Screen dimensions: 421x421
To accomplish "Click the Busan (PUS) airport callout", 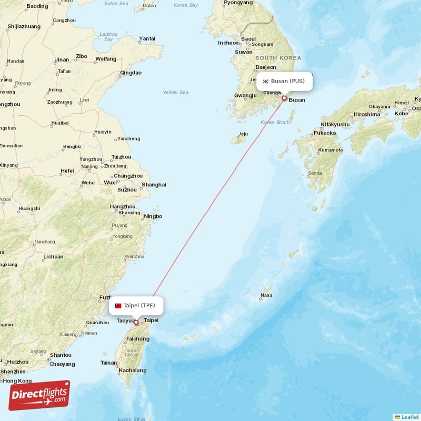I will pyautogui.click(x=284, y=82).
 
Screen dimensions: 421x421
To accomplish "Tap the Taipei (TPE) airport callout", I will pyautogui.click(x=136, y=306).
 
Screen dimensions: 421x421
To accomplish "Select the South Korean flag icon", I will pyautogui.click(x=266, y=82).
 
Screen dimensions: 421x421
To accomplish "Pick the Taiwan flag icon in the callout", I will pyautogui.click(x=118, y=306).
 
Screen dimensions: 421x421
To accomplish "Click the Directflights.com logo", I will pyautogui.click(x=39, y=395).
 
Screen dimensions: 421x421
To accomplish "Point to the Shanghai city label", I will pyautogui.click(x=154, y=185).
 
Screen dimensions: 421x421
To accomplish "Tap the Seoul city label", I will pyautogui.click(x=248, y=39).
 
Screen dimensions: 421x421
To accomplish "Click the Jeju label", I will pyautogui.click(x=243, y=134).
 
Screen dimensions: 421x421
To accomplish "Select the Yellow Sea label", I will pyautogui.click(x=175, y=93).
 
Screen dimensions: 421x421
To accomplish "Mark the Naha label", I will pyautogui.click(x=267, y=295).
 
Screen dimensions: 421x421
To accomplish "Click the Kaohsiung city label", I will pyautogui.click(x=133, y=370).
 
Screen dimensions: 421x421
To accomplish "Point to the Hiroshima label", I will pyautogui.click(x=367, y=114).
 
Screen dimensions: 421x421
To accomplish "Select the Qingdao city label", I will pyautogui.click(x=131, y=73).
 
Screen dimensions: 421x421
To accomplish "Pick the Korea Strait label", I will pyautogui.click(x=274, y=122).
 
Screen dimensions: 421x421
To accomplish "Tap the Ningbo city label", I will pyautogui.click(x=153, y=216).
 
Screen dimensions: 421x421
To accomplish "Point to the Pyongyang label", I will pyautogui.click(x=238, y=3).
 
